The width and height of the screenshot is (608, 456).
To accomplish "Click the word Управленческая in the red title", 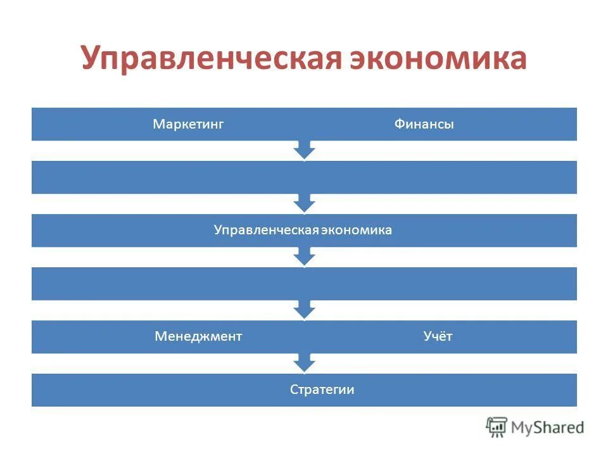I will pyautogui.click(x=210, y=59).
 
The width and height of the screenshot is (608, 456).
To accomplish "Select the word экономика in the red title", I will pyautogui.click(x=436, y=59).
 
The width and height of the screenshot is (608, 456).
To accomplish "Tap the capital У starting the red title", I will pyautogui.click(x=92, y=59).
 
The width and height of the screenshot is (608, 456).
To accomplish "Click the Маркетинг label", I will pyautogui.click(x=189, y=124).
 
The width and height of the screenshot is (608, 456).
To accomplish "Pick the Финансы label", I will pyautogui.click(x=424, y=124).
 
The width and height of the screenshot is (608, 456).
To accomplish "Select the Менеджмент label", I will pyautogui.click(x=198, y=336).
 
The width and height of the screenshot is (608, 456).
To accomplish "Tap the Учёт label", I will pyautogui.click(x=438, y=336).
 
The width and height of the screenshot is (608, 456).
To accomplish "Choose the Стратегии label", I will pyautogui.click(x=322, y=389).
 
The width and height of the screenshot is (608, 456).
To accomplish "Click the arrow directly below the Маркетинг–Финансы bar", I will pyautogui.click(x=305, y=149).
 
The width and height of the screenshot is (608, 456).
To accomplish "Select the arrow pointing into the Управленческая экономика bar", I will pyautogui.click(x=305, y=203).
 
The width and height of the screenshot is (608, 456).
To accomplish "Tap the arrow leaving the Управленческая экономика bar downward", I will pyautogui.click(x=305, y=256).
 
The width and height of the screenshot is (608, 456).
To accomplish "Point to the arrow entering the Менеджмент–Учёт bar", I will pyautogui.click(x=305, y=309).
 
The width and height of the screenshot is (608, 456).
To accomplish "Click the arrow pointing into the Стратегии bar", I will pyautogui.click(x=305, y=362).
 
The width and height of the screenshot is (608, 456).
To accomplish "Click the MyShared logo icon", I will pyautogui.click(x=497, y=427).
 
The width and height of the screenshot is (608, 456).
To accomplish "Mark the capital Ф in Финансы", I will pyautogui.click(x=398, y=124).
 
